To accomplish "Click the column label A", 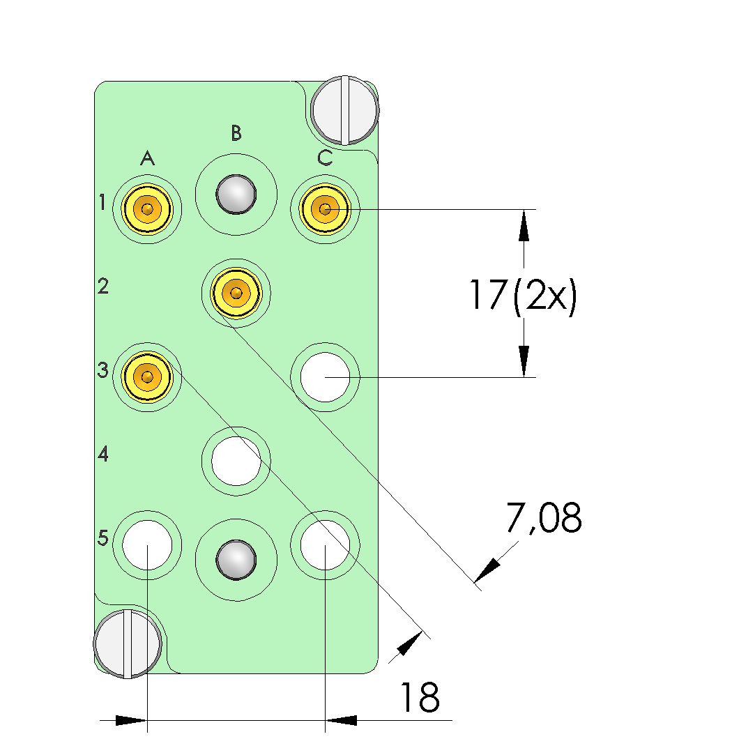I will coord(147,159).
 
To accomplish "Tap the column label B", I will coord(236,132).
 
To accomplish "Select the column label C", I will coord(325,158).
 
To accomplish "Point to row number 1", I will coord(102,203).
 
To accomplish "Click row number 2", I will coord(103,286).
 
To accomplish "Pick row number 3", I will coord(103,370).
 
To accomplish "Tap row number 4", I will coord(103,455).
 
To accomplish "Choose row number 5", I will coord(103,538).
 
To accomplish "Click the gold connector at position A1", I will coord(147,208).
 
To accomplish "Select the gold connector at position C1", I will coord(325,208).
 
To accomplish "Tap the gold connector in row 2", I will coord(236,293).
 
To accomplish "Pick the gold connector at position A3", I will coord(147,377).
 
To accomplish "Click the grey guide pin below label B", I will coord(236,195).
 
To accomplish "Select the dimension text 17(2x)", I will coord(522,295).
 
